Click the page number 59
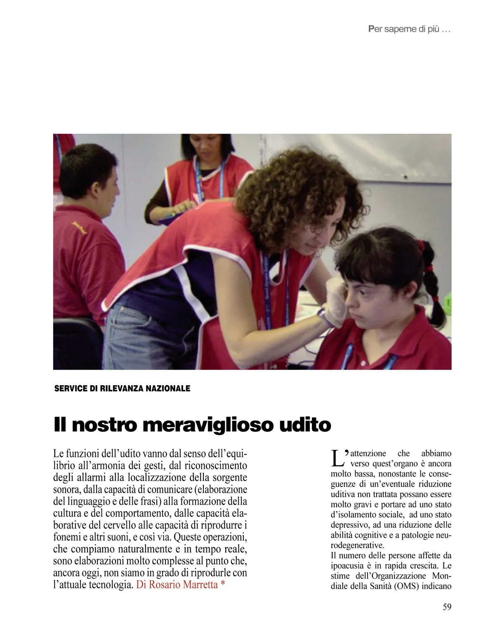click(x=447, y=607)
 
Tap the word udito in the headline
click(x=305, y=425)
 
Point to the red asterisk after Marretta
click(x=223, y=584)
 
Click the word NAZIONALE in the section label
click(x=168, y=389)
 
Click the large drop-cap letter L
click(x=337, y=457)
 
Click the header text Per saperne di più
click(x=408, y=30)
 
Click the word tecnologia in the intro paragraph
click(x=111, y=585)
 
